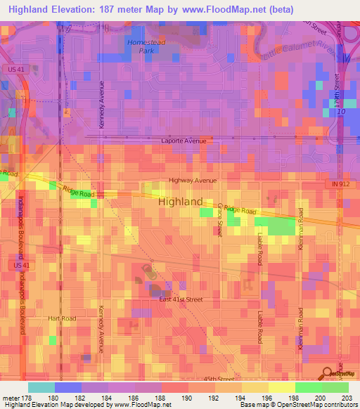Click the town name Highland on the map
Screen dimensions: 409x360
(x=181, y=201)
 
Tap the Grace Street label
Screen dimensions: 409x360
(x=219, y=219)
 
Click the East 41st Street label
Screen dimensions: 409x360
(x=181, y=299)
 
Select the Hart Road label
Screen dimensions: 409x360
(x=61, y=318)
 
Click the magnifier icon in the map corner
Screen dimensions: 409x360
(x=328, y=374)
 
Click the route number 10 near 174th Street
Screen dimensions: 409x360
(x=341, y=112)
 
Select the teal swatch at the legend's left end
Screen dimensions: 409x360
(x=41, y=387)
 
